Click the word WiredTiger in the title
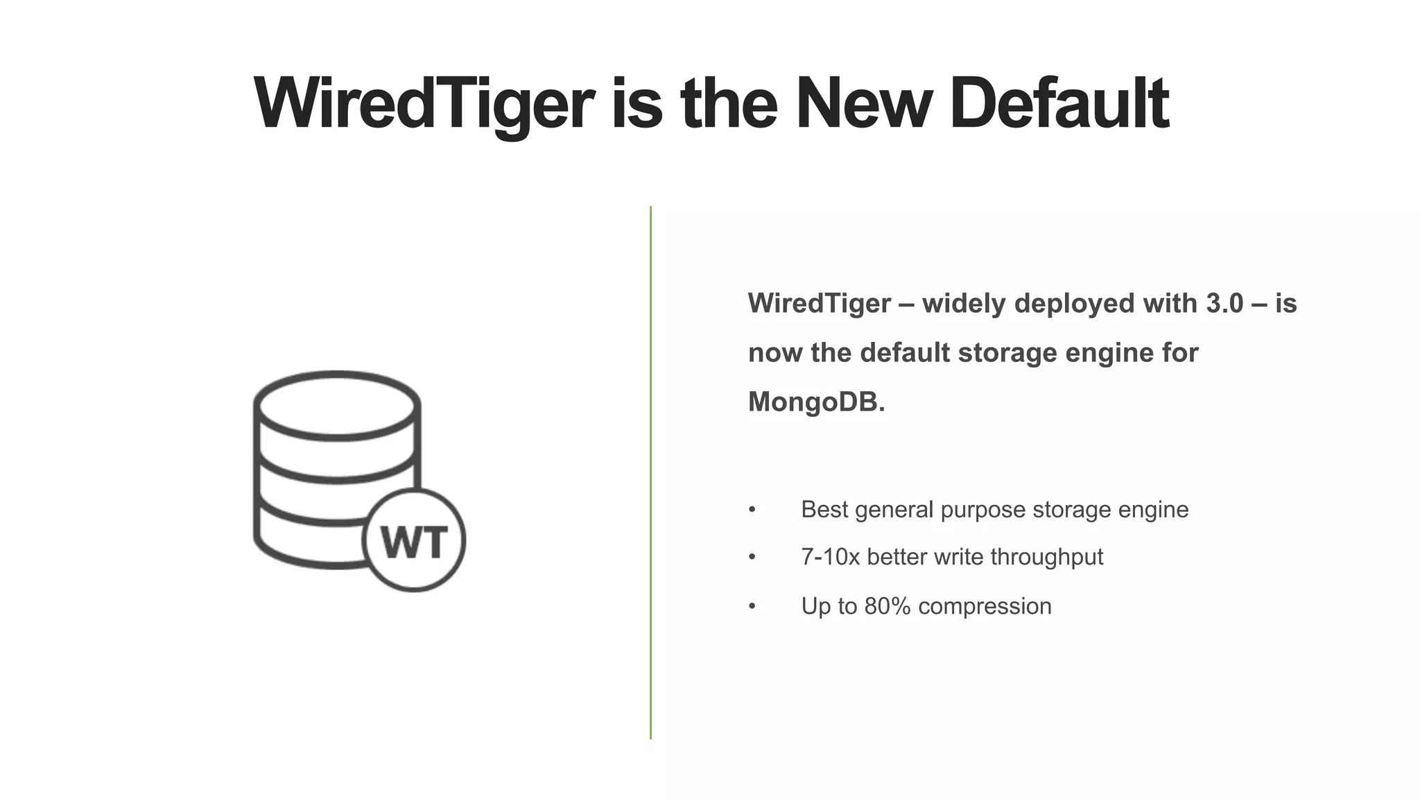click(424, 104)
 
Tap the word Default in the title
click(1059, 104)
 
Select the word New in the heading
click(864, 104)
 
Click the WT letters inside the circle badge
click(414, 542)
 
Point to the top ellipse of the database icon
click(337, 406)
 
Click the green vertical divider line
click(650, 472)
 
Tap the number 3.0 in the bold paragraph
click(1224, 304)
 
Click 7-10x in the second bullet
click(830, 557)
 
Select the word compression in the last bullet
click(985, 606)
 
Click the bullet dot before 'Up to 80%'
click(752, 607)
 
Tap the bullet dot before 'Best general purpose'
click(752, 510)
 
